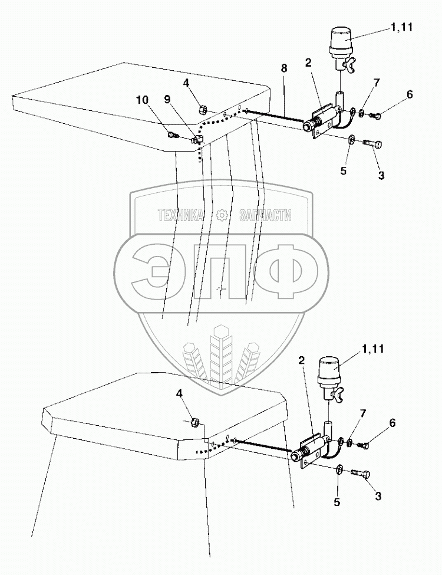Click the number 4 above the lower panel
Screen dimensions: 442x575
(179, 393)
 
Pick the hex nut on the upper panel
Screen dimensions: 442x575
(202, 109)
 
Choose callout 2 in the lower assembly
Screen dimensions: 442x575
(301, 359)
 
